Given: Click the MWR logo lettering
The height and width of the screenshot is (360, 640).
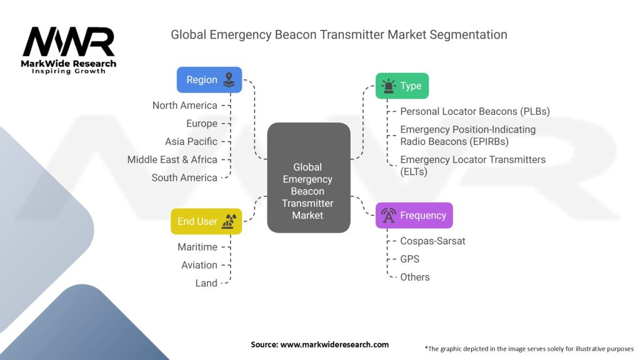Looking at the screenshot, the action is click(x=69, y=42).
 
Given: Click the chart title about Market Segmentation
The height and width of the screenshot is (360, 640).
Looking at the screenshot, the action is click(x=339, y=34).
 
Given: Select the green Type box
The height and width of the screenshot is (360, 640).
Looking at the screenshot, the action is click(x=401, y=86).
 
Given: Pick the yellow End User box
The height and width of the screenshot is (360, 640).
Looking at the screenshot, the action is click(x=206, y=221).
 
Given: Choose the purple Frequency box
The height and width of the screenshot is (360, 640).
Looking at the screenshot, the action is click(x=414, y=216).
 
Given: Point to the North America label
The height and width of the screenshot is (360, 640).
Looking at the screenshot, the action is click(x=185, y=106).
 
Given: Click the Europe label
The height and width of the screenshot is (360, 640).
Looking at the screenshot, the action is click(x=202, y=124).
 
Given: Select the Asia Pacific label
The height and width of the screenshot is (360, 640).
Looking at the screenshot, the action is click(x=191, y=142).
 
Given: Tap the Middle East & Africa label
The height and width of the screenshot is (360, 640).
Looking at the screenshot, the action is click(x=172, y=160).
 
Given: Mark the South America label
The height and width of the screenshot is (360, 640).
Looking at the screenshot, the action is click(x=184, y=178).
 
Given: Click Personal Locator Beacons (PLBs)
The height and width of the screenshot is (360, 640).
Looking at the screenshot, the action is click(x=475, y=112).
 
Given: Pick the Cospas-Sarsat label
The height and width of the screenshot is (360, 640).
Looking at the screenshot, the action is click(x=432, y=241).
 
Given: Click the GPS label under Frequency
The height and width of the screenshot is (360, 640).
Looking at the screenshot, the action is click(x=410, y=259).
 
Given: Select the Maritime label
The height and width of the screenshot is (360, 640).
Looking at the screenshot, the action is click(x=197, y=247).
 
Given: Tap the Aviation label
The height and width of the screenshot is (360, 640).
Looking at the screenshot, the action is click(x=199, y=266).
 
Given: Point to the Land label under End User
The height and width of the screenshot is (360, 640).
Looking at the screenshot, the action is click(x=206, y=284).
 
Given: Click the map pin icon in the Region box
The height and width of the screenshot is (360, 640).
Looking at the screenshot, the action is click(x=229, y=80).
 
